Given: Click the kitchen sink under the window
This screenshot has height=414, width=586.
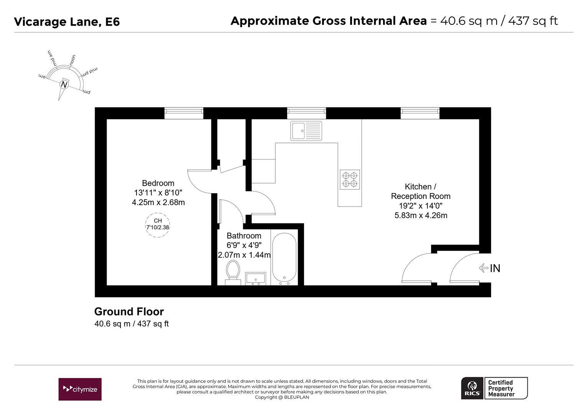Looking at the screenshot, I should tap(306, 131).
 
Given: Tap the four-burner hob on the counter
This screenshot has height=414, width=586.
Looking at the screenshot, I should tap(350, 179).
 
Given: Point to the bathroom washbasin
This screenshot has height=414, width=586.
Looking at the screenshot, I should tap(255, 278).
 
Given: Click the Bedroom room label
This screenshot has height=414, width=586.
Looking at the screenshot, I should tap(158, 183).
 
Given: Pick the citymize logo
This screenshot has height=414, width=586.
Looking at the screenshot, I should tap(80, 389).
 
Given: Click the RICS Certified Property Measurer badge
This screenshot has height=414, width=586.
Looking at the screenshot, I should tap(494, 388).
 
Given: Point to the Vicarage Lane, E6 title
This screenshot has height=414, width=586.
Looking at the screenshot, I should tap(67, 22).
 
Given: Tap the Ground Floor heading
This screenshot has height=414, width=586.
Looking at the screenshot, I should tap(129, 312).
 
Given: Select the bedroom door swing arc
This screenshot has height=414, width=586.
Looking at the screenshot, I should tap(198, 182).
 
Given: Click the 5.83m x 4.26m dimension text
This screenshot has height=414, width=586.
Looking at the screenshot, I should tap(421, 215).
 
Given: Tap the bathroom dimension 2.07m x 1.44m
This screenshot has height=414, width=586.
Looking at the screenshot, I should tap(244, 255).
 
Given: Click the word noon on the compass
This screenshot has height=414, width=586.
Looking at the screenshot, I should tap(72, 60).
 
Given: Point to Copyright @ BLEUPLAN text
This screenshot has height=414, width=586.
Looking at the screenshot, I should tap(282, 397).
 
